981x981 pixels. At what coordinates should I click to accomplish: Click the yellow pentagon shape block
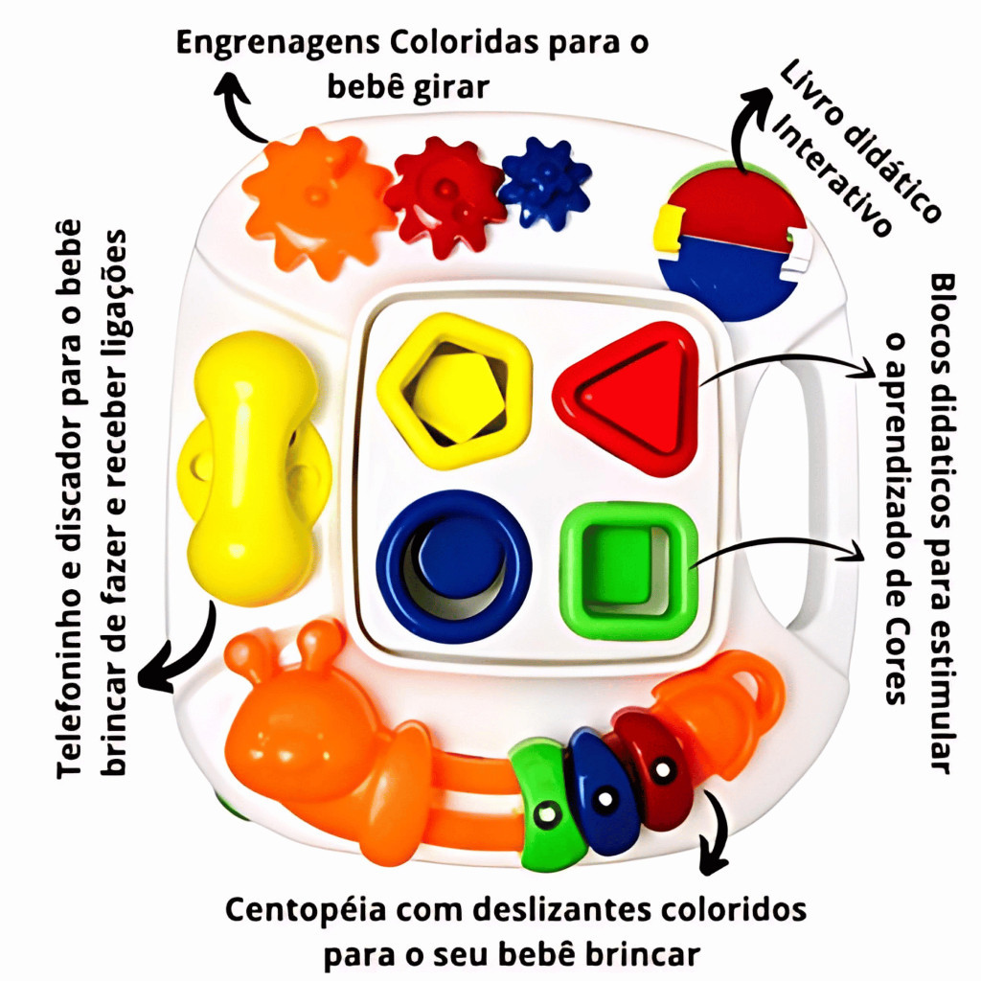454,389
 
